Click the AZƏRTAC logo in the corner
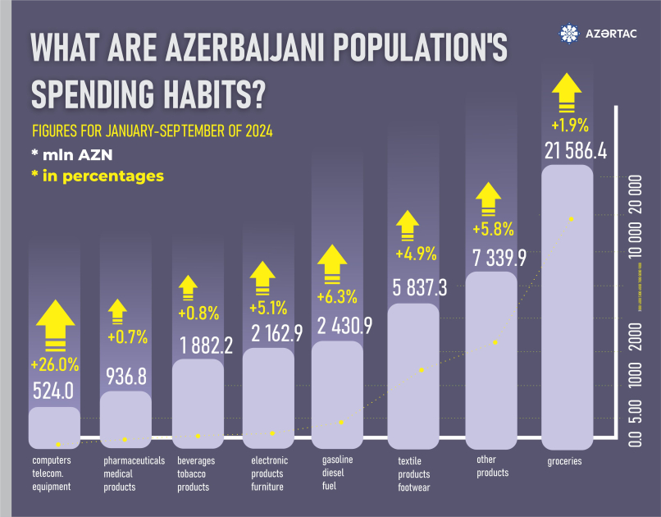click(600, 34)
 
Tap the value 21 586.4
click(568, 150)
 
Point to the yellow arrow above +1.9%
click(568, 94)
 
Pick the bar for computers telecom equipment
click(54, 427)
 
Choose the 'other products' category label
click(492, 467)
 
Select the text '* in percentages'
click(98, 176)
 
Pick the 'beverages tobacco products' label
click(191, 474)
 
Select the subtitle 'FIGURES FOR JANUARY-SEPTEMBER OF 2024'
click(152, 131)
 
